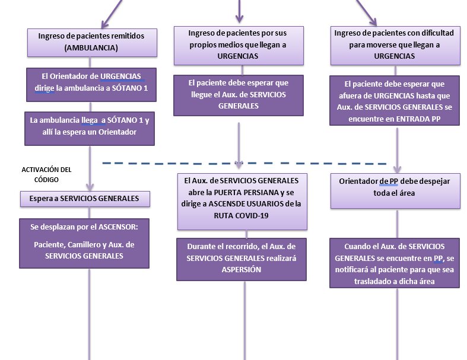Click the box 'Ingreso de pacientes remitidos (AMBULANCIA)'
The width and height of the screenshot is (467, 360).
[x=91, y=42]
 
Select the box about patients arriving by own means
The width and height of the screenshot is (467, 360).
[x=238, y=44]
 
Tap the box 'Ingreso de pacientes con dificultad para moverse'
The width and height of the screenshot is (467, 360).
[x=394, y=44]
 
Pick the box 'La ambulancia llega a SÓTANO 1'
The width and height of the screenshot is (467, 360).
[x=90, y=127]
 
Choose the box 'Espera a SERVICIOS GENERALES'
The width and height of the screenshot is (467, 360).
[x=84, y=198]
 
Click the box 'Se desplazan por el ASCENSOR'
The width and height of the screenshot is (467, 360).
[x=84, y=241]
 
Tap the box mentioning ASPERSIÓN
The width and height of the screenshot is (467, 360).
[x=242, y=259]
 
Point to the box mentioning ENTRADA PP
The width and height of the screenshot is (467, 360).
[x=395, y=100]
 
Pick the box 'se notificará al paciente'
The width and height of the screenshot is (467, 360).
[x=395, y=263]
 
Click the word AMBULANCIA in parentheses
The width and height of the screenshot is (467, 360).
[x=91, y=47]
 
